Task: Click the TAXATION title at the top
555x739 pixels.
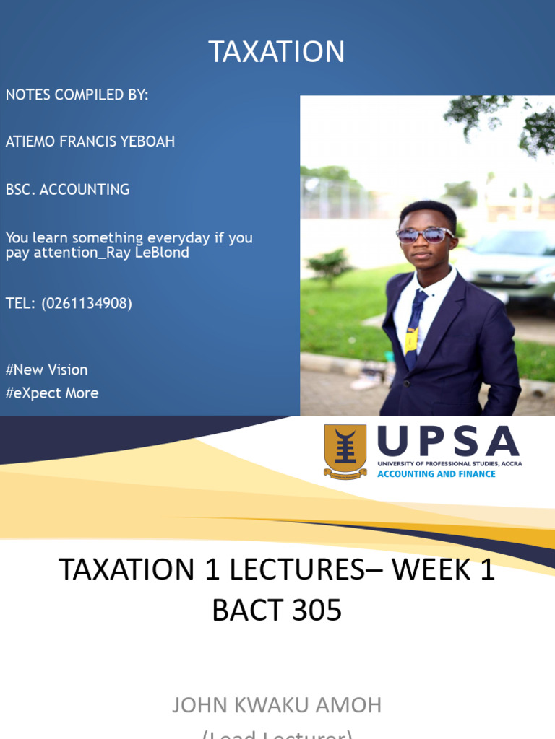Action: coord(277,52)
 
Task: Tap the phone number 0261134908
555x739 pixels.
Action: coord(87,304)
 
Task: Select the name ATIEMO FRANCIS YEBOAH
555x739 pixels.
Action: coord(90,141)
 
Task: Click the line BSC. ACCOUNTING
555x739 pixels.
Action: coord(68,190)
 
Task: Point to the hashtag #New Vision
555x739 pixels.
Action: coord(47,369)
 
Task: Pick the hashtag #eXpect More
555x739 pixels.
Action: coord(52,393)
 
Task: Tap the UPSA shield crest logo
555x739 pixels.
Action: coord(345,451)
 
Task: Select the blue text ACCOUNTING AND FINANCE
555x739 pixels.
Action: coord(436,474)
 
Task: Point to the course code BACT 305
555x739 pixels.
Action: coord(277,611)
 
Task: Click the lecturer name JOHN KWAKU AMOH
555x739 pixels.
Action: coord(277,705)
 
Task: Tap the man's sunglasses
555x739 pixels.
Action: coord(425,235)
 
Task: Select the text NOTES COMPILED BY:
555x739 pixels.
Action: coord(77,95)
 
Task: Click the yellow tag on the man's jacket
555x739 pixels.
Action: coord(411,339)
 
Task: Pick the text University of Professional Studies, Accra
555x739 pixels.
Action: coord(449,463)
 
